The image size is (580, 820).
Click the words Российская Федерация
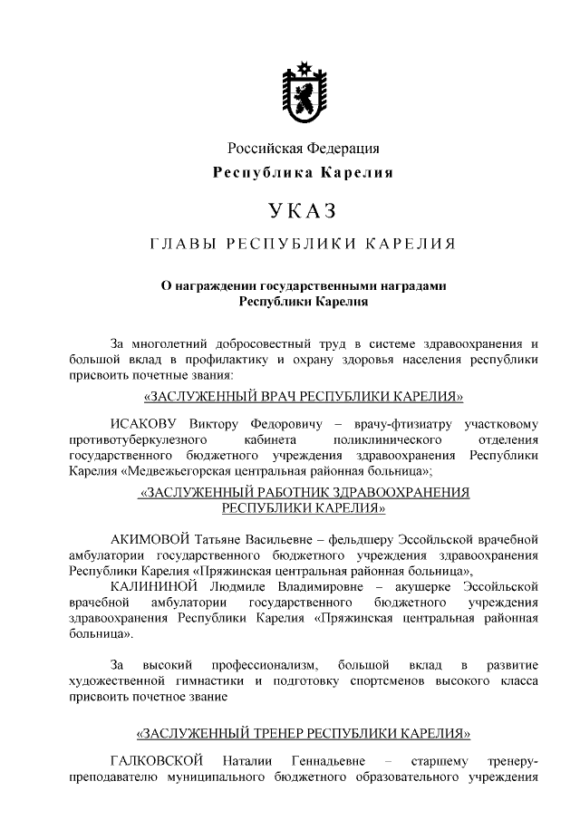[x=303, y=149]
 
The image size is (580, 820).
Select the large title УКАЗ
[x=303, y=212]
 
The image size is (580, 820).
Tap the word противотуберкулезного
[x=134, y=439]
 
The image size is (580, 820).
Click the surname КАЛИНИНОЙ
[x=152, y=587]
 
